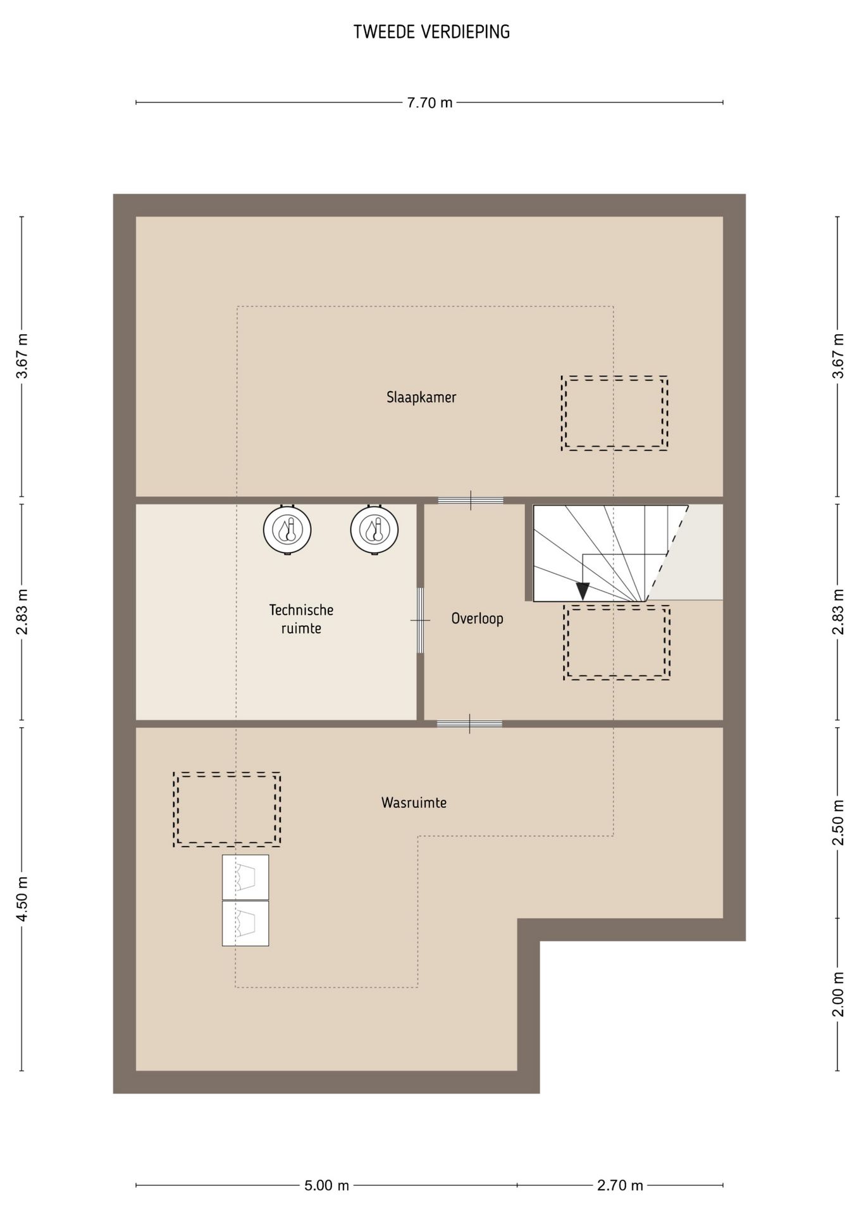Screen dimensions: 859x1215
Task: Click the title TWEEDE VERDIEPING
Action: pos(431,32)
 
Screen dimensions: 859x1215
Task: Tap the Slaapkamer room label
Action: pos(421,397)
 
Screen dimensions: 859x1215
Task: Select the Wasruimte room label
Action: pos(414,802)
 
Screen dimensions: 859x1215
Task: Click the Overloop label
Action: pos(477,618)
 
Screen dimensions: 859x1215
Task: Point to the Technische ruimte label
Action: pos(301,619)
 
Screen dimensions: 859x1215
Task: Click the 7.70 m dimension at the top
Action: pos(429,103)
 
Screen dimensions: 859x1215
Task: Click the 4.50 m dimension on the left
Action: pos(22,900)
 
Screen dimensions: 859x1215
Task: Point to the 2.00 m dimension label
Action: pos(838,994)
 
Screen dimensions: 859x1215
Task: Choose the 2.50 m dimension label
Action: pos(838,823)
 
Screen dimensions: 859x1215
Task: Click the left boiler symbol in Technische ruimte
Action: pos(287,530)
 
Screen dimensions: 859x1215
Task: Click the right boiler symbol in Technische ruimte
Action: pos(374,530)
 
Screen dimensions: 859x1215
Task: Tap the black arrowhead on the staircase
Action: pos(583,591)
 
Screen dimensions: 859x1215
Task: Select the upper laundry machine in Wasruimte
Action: pos(245,877)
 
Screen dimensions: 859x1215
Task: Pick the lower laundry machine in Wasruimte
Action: pos(245,923)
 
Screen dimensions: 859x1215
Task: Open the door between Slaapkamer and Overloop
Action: pos(471,501)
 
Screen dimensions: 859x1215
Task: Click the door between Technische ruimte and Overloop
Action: pos(420,620)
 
